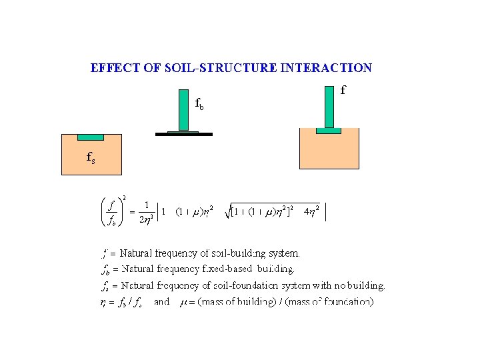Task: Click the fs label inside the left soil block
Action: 91,158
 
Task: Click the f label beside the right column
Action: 343,89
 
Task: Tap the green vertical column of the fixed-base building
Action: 184,109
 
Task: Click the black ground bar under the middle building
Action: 183,135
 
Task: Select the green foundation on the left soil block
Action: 91,137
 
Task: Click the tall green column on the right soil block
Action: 329,107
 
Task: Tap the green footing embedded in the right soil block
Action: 328,131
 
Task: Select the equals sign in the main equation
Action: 132,212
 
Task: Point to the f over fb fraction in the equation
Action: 112,212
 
